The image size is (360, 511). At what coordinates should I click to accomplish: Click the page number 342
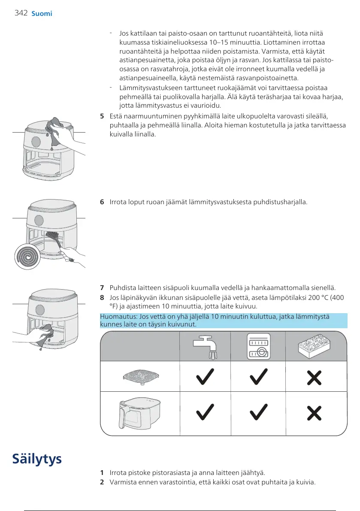tap(21, 13)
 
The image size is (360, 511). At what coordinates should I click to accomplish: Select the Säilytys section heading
tap(37, 459)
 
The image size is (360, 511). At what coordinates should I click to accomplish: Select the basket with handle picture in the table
tap(139, 413)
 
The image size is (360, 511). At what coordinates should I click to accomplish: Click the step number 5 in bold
tap(102, 116)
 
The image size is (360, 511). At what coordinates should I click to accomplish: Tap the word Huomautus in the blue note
tap(115, 317)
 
